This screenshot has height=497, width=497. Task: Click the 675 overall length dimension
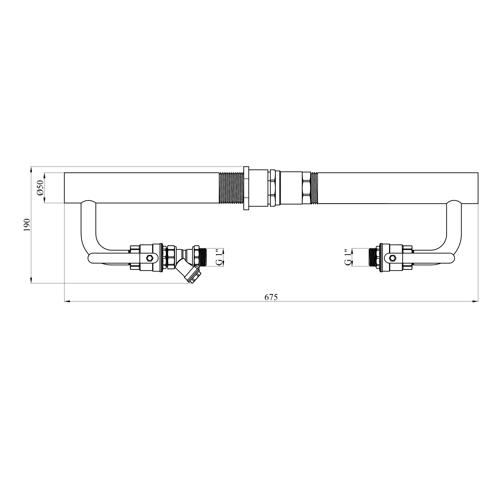point(271,297)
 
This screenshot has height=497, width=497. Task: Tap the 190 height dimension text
point(27,225)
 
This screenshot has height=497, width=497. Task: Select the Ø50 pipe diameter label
point(40,188)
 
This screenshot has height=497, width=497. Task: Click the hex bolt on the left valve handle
point(150,258)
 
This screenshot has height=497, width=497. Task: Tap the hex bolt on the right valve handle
point(392,258)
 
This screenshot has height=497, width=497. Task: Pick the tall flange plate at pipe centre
point(246,188)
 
